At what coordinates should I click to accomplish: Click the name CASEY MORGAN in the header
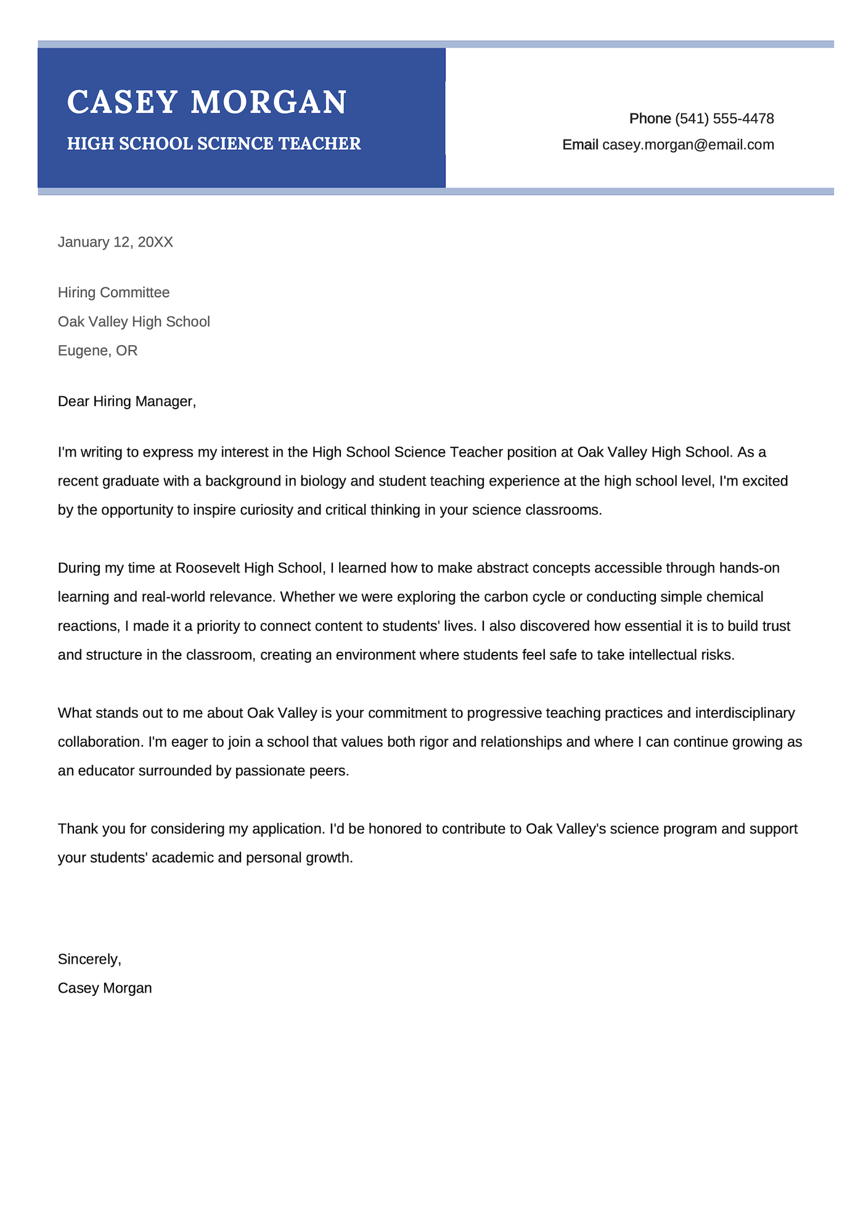(207, 102)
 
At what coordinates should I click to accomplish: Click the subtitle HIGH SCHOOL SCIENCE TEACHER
(213, 144)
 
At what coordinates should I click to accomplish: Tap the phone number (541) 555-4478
(724, 118)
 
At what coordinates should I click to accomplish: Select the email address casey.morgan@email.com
(688, 145)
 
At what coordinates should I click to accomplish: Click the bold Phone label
(650, 118)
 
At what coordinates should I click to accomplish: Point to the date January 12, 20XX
(115, 242)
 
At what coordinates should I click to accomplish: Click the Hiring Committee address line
(113, 293)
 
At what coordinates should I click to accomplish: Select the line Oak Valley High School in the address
(134, 322)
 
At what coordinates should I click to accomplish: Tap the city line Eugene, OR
(97, 351)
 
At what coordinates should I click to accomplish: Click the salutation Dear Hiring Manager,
(126, 402)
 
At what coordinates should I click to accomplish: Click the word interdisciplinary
(745, 714)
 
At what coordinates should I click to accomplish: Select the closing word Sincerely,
(89, 959)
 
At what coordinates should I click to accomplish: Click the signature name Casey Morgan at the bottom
(105, 988)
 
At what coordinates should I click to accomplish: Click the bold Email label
(580, 145)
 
